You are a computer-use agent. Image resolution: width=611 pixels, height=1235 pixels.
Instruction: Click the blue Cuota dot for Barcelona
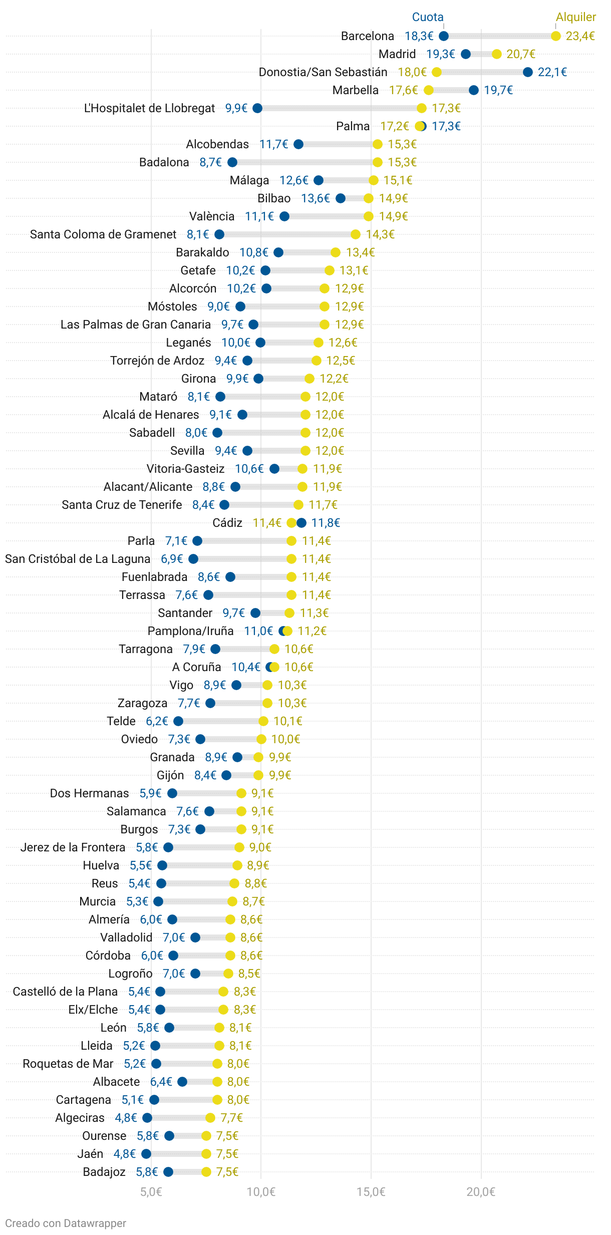tap(444, 36)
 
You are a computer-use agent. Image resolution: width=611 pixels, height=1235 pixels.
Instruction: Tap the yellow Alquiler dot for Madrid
tap(497, 54)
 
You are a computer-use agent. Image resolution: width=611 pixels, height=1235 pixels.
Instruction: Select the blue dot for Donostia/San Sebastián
tap(528, 72)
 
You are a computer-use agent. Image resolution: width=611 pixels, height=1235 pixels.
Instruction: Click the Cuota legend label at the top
tap(428, 17)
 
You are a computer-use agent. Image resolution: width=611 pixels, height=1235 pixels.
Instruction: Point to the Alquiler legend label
tap(576, 17)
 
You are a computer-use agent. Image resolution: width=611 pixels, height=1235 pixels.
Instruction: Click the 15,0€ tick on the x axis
tap(371, 1191)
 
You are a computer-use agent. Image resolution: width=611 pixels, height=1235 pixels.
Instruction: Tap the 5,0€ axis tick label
tap(151, 1191)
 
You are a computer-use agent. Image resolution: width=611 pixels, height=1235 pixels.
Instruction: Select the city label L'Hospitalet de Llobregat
tap(149, 108)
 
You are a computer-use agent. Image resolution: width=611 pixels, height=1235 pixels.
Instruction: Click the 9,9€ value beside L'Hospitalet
tap(236, 108)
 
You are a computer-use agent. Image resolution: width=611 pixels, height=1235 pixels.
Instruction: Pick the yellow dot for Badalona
tap(378, 162)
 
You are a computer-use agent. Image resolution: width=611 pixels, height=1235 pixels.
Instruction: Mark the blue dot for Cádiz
tap(301, 523)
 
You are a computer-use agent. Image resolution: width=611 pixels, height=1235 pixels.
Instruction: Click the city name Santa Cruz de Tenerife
tap(122, 505)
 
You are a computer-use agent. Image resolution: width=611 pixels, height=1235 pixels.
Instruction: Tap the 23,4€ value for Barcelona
tap(580, 36)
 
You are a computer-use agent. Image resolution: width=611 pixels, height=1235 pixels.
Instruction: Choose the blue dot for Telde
tap(178, 721)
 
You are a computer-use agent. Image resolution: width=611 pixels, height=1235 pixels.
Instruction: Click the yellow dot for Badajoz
tap(206, 1172)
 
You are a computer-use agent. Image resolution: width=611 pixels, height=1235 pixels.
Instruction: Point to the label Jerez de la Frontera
tap(73, 847)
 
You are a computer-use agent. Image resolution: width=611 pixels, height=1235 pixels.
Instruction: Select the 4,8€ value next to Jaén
tap(125, 1154)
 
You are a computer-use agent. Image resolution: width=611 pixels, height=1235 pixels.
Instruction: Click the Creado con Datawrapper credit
tap(66, 1223)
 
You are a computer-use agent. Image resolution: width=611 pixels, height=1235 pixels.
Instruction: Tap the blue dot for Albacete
tap(182, 1082)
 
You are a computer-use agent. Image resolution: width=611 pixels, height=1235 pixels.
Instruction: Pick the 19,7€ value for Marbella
tap(498, 90)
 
